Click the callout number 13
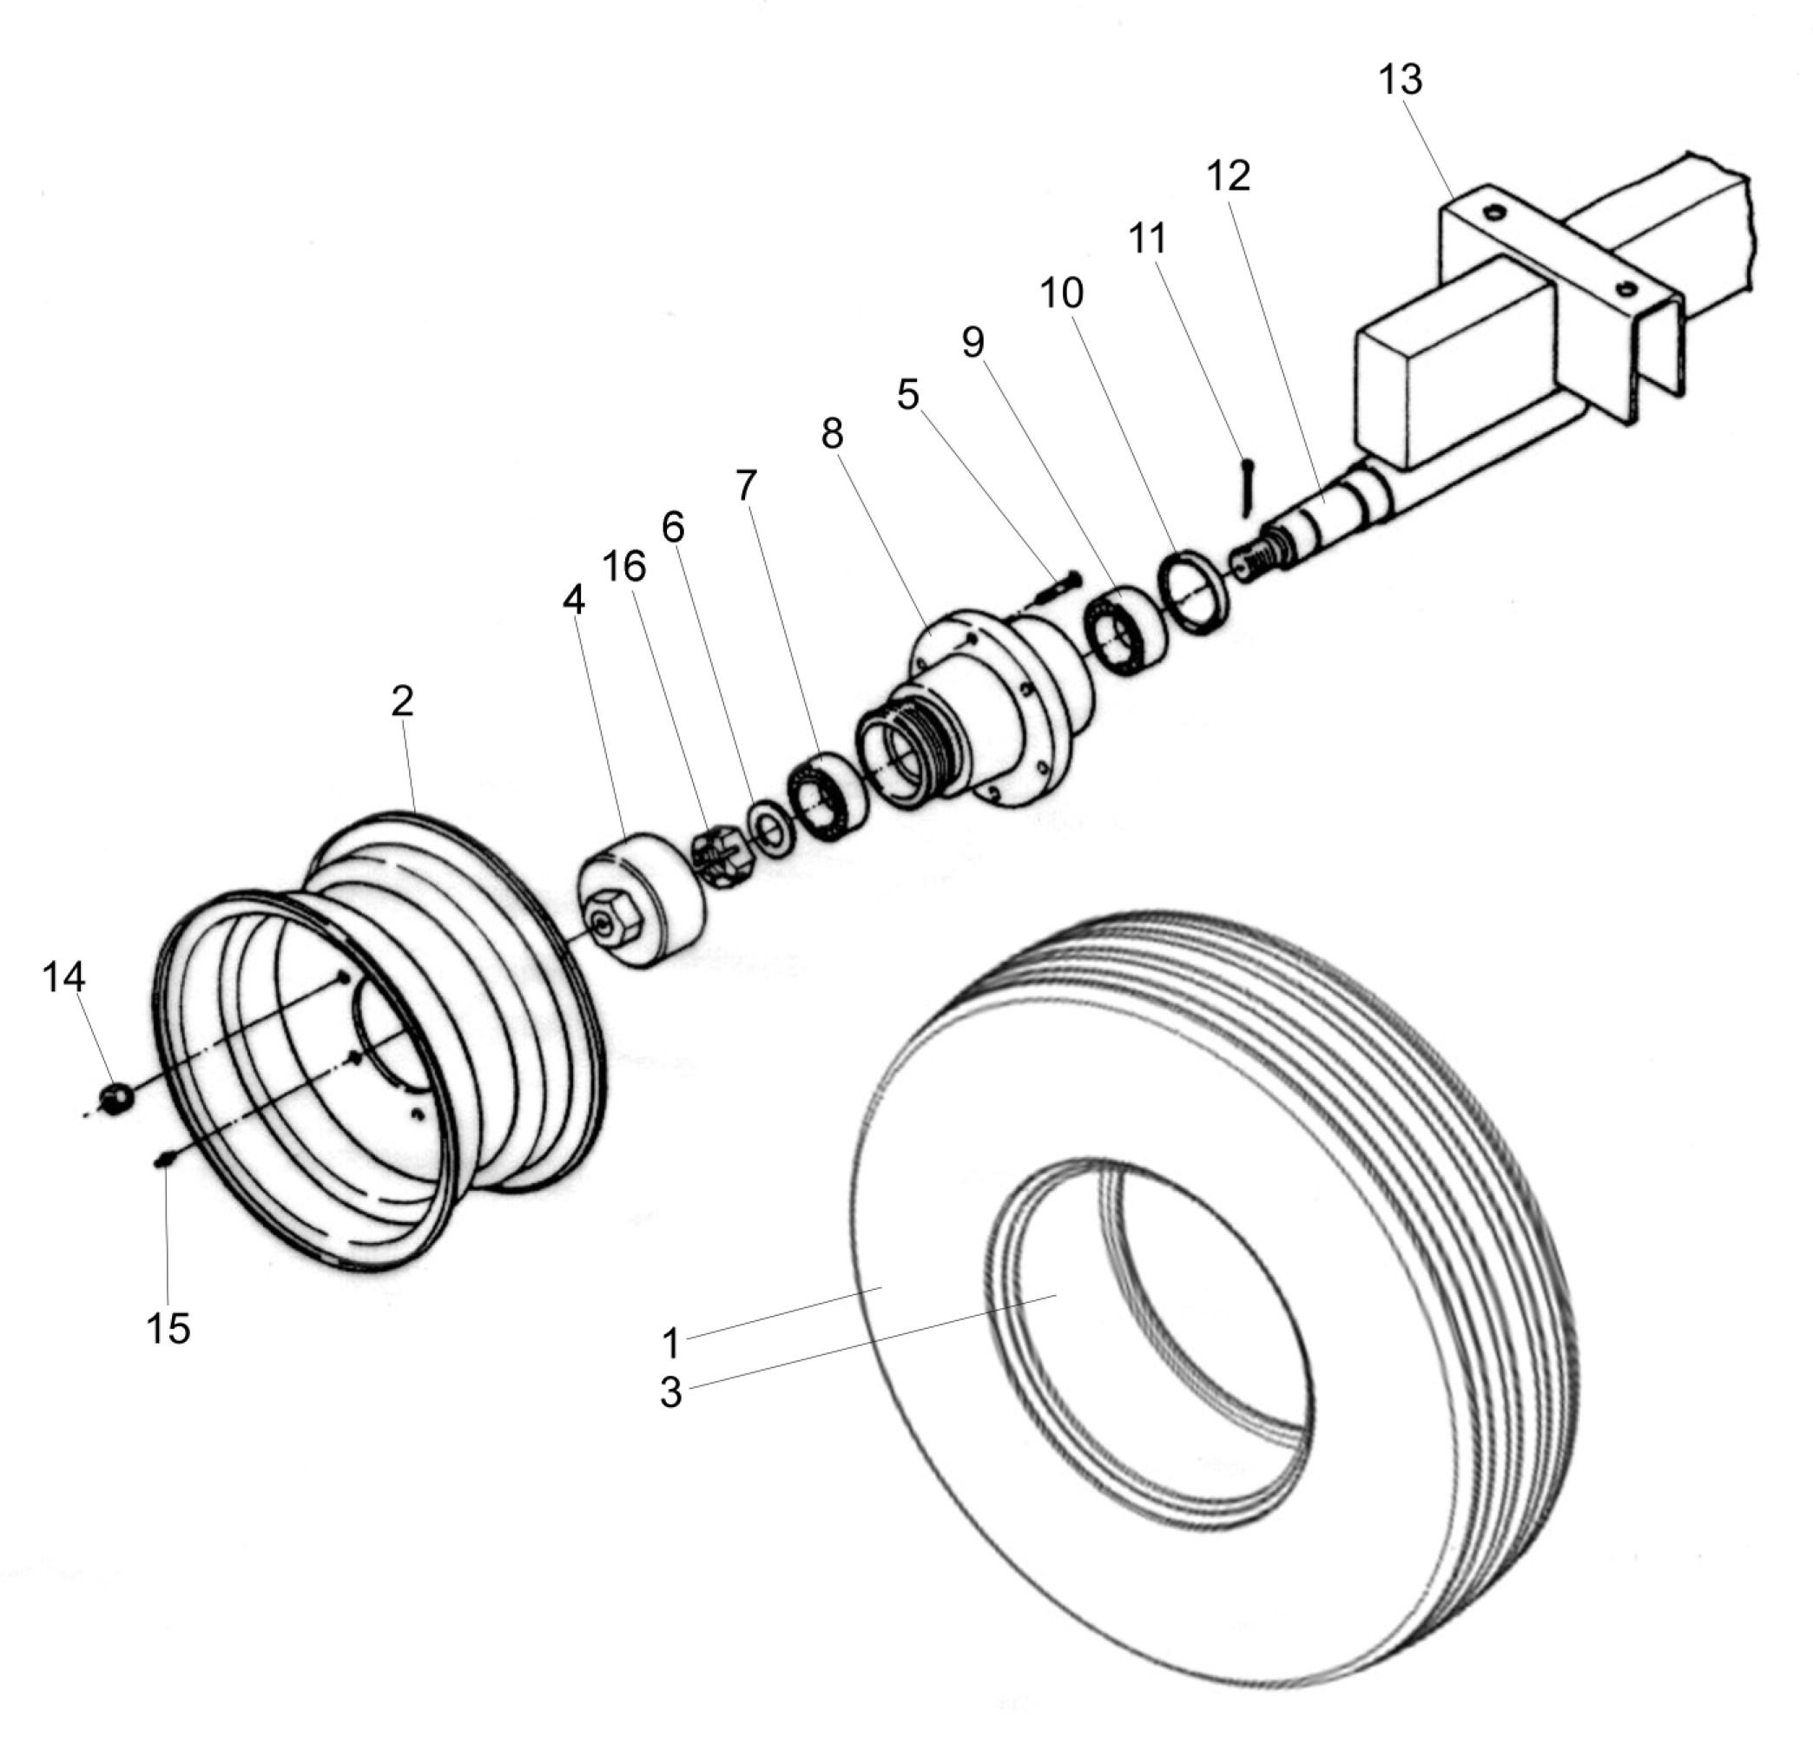point(1400,80)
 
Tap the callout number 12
point(1229,175)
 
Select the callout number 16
point(623,566)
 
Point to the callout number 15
point(168,1328)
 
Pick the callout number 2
point(401,702)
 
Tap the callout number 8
point(832,434)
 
